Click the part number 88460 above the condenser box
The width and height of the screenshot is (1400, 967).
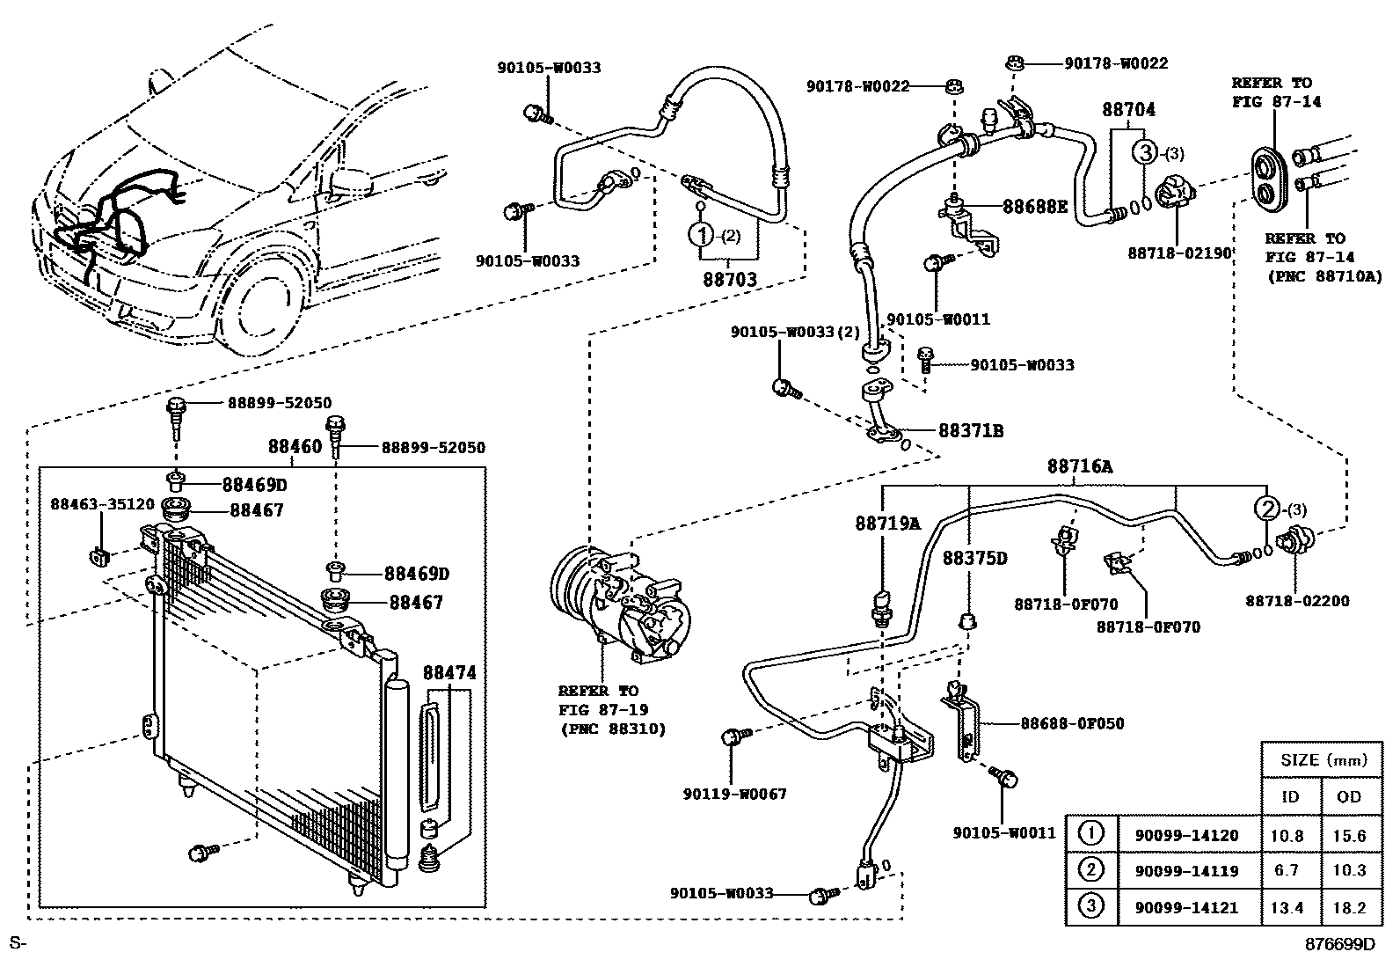click(295, 447)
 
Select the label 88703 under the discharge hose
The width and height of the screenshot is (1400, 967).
click(730, 280)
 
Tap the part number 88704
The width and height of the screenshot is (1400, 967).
click(1129, 110)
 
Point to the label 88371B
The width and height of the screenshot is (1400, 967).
click(971, 431)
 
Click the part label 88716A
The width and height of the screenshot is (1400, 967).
click(1080, 466)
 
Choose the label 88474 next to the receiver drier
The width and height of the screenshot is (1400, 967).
click(449, 673)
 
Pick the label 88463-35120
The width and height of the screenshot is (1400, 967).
click(103, 504)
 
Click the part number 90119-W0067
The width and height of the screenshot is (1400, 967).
click(734, 795)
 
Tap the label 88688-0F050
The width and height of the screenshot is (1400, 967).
click(1073, 723)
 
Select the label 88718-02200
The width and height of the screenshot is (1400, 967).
click(1297, 601)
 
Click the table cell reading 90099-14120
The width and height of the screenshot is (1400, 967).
click(1186, 836)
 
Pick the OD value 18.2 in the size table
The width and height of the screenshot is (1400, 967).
click(1349, 907)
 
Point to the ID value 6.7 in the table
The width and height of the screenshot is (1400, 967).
click(1287, 870)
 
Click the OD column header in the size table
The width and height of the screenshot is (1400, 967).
click(1349, 797)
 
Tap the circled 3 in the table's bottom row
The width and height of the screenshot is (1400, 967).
click(1090, 905)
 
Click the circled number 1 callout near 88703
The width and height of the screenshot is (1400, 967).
click(701, 235)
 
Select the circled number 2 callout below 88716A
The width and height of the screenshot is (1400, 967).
click(1267, 509)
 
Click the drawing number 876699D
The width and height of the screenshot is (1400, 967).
click(1339, 944)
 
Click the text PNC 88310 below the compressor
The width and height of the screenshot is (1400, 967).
click(613, 729)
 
